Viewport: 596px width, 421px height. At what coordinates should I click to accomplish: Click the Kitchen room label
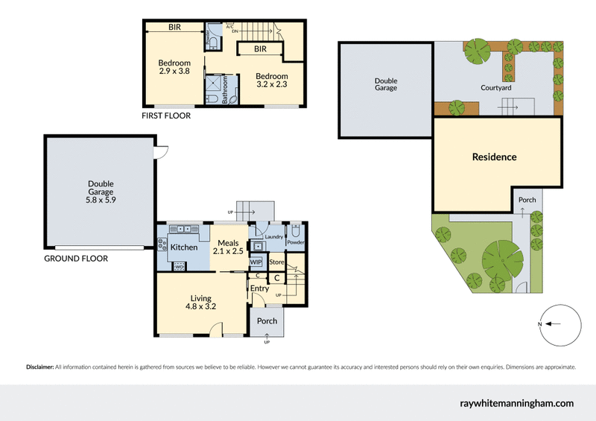[x=184, y=247]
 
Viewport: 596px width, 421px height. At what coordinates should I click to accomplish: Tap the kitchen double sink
[x=182, y=230]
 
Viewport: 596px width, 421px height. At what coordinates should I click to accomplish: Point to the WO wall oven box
[x=179, y=266]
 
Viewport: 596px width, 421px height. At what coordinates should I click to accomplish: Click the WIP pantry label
[x=256, y=262]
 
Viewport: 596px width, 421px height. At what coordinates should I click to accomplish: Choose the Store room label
[x=276, y=262]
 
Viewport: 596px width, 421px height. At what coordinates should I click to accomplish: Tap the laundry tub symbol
[x=259, y=246]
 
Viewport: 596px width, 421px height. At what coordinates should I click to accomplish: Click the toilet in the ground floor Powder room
[x=296, y=230]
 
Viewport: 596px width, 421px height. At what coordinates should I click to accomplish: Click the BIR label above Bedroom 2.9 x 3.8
[x=175, y=27]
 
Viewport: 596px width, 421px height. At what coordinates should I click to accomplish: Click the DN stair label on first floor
[x=235, y=32]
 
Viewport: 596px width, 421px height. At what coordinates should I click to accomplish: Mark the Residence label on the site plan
[x=494, y=157]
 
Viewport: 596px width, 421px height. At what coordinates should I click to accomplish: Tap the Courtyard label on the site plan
[x=495, y=88]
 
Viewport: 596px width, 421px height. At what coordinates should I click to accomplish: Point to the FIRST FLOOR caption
[x=166, y=116]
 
